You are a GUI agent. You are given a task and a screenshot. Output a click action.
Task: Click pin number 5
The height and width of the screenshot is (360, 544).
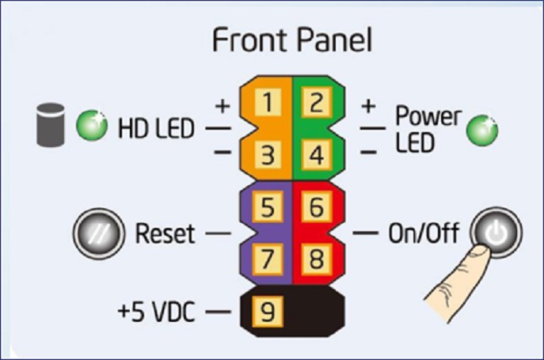268,207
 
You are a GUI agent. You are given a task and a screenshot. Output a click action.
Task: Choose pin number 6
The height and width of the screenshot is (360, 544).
316,207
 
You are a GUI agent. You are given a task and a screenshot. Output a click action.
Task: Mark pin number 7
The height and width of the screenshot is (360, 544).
268,259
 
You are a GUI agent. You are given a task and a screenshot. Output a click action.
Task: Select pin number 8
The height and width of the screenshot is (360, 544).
316,259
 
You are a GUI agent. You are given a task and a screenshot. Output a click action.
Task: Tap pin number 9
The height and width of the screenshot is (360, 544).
268,312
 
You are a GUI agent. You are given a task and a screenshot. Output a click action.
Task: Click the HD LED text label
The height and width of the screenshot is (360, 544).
156,127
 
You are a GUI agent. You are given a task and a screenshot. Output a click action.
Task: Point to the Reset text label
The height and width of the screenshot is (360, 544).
165,234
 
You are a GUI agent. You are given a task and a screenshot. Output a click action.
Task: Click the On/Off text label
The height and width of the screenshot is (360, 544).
423,234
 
